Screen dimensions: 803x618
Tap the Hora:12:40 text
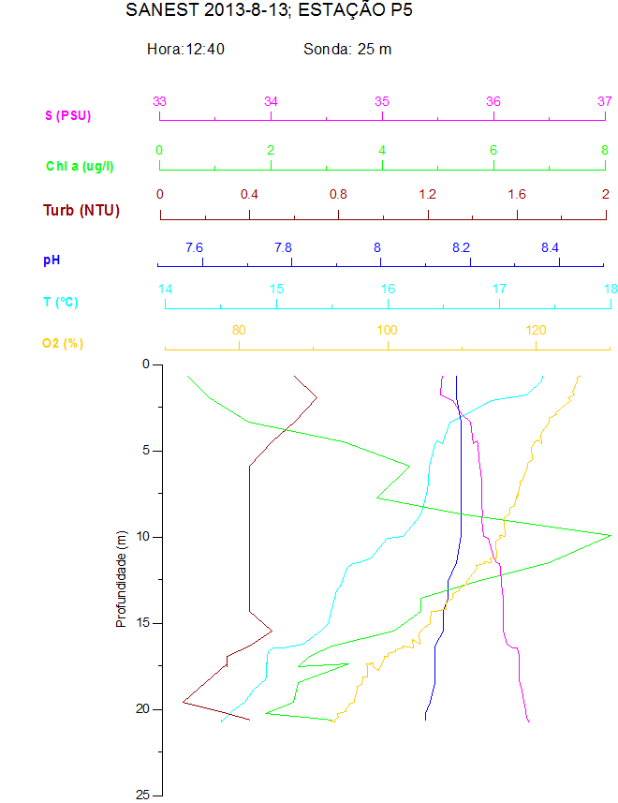tap(185, 49)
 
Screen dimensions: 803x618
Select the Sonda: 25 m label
tap(347, 49)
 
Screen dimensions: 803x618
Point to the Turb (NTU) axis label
tap(81, 210)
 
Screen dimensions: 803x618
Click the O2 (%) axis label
tap(63, 343)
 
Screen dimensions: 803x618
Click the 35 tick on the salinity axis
tap(382, 101)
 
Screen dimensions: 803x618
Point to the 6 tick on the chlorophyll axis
tap(493, 150)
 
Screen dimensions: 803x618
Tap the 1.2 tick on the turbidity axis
tap(428, 194)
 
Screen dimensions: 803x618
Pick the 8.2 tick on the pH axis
tap(461, 247)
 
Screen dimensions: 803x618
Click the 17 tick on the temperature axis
tap(499, 289)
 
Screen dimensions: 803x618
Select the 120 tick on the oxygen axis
tap(536, 330)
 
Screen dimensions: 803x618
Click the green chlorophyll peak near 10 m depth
tap(611, 534)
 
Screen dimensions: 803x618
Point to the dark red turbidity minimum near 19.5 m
tap(184, 701)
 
